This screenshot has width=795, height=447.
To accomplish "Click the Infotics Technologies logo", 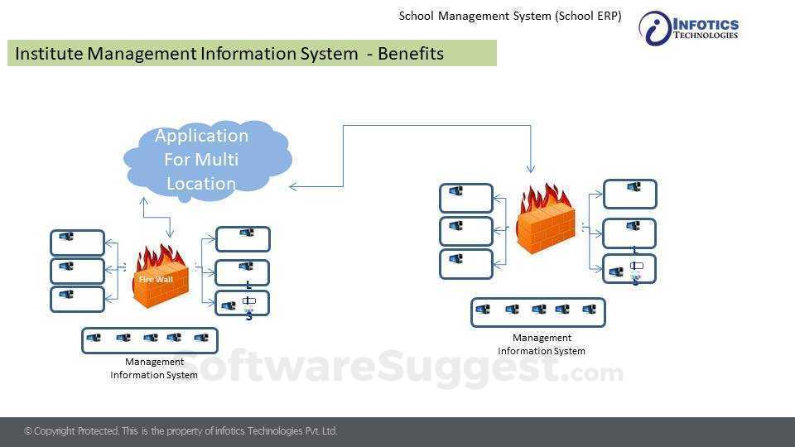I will click(688, 28).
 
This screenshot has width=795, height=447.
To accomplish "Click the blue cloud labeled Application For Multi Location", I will click(204, 160).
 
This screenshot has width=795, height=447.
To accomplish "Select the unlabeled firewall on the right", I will click(544, 219).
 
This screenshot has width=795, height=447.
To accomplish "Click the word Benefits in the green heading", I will click(411, 54).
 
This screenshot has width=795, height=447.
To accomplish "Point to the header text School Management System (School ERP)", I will click(510, 16).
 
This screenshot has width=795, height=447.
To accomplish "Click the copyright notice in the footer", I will click(181, 431).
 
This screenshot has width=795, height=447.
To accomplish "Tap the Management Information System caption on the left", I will click(154, 368).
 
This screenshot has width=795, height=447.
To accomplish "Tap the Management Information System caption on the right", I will click(542, 344).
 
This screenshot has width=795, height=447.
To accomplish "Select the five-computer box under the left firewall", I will click(149, 340).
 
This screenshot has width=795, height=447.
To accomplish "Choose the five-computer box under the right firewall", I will click(538, 312).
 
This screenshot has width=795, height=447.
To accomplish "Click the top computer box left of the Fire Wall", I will click(78, 243).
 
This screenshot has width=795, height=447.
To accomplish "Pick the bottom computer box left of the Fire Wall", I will click(78, 299).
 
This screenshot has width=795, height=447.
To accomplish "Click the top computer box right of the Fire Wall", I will click(243, 239).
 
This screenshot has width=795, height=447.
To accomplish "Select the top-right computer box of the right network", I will click(630, 194).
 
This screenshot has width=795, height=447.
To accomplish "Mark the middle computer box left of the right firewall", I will click(466, 231).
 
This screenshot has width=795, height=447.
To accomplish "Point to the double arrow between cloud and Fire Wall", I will click(157, 217).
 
